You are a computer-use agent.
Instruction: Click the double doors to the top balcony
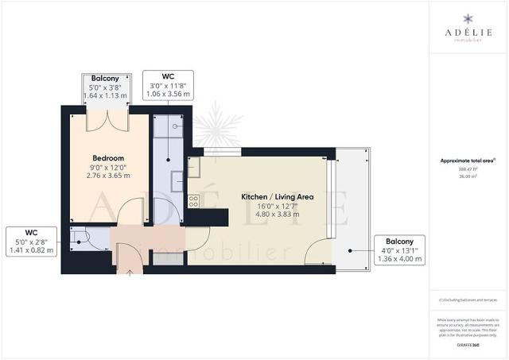(x=107, y=120)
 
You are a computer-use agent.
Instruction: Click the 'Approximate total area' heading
(x=468, y=161)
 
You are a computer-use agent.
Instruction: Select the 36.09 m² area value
(x=468, y=176)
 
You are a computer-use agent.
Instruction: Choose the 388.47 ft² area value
(x=468, y=169)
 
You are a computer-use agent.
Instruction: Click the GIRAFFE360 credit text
(x=468, y=345)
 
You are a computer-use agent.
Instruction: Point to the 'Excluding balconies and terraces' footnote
(x=468, y=299)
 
